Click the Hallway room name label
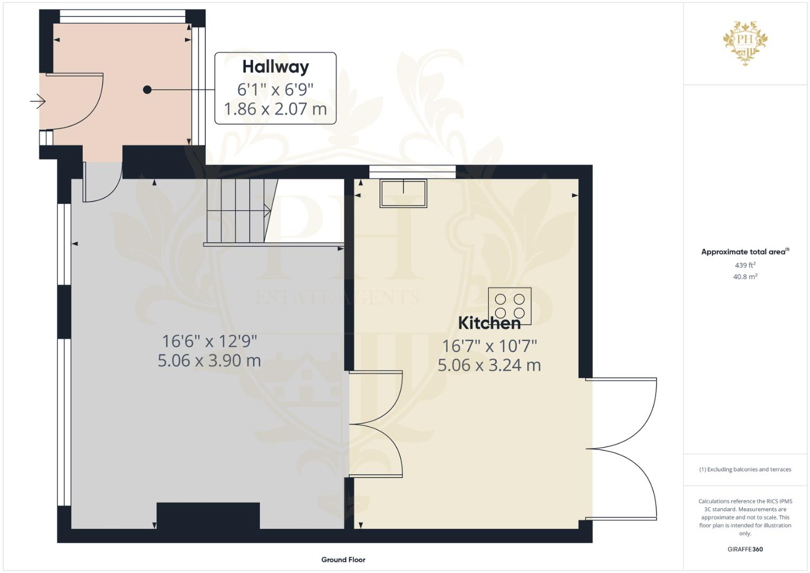coord(275,67)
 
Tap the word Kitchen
coord(489,323)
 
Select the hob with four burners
coord(510,306)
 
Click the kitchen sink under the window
coord(403,193)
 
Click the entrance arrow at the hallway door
coord(38,100)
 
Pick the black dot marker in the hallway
coord(148,90)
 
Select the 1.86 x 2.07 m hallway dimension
coord(275,109)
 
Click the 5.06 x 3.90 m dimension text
coord(209,361)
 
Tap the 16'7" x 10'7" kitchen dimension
coord(489,346)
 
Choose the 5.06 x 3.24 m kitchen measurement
coord(489,365)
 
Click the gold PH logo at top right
coord(745,42)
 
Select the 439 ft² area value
coord(745,265)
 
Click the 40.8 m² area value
coord(745,276)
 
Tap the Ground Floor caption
coord(343,559)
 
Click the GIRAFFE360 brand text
coord(745,549)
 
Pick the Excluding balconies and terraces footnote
coord(745,470)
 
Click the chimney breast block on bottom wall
coord(208,516)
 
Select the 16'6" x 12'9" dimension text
coord(209,341)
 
